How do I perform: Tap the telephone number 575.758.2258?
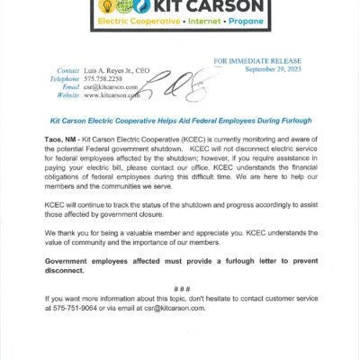107,78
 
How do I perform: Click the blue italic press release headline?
179,119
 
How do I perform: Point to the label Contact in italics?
68,70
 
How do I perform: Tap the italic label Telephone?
63,78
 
